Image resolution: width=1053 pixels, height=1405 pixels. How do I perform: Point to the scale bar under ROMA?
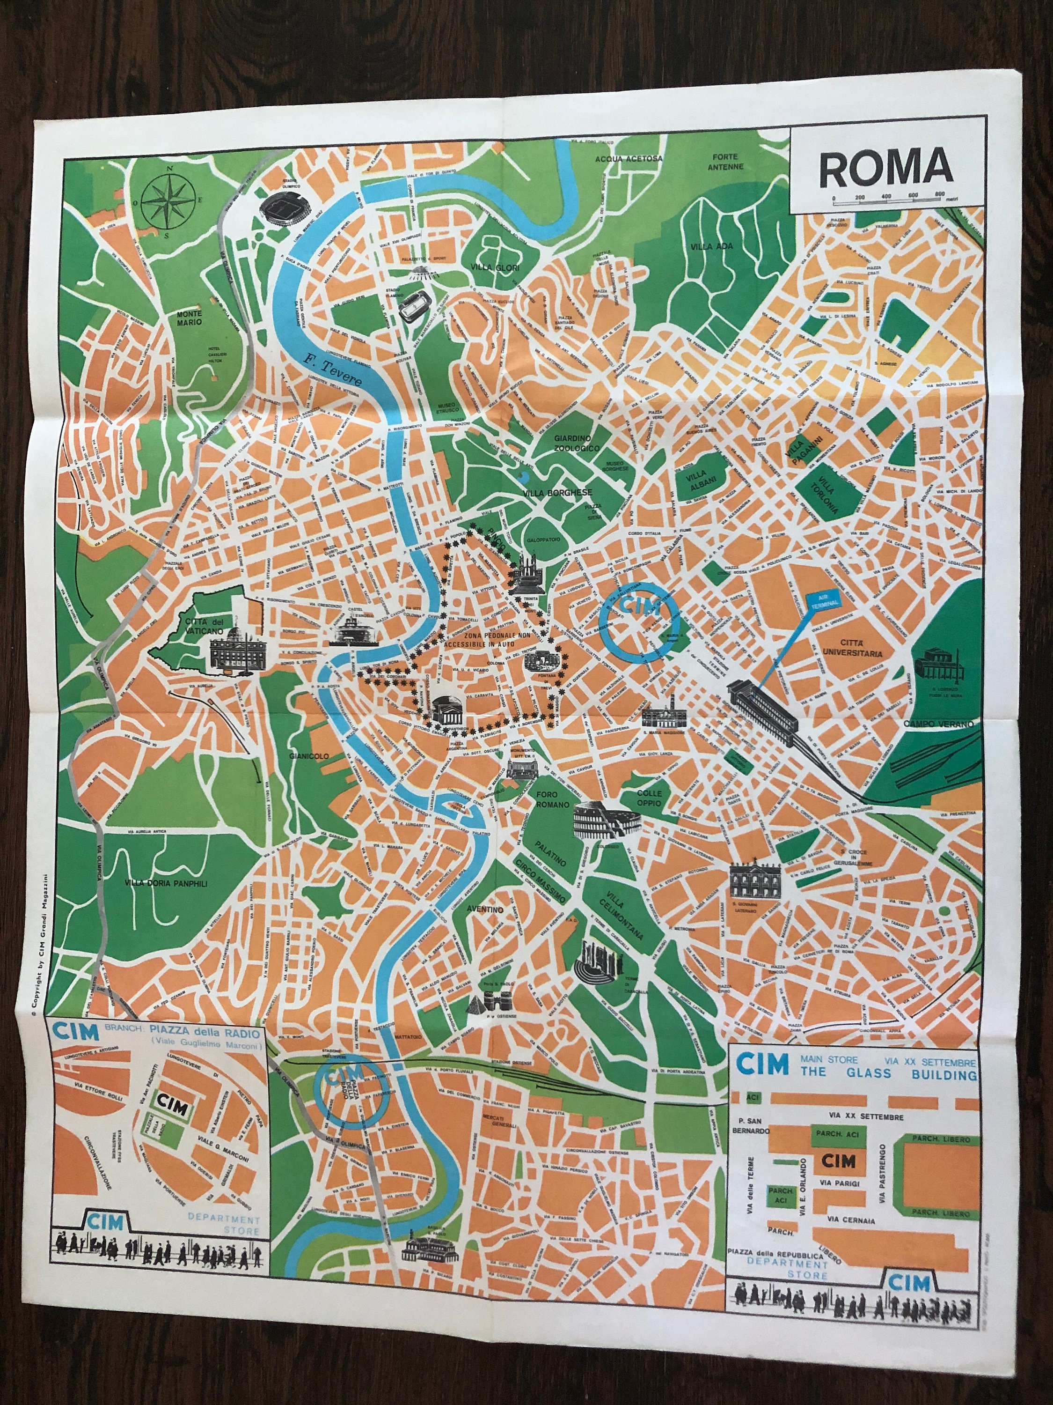(x=895, y=200)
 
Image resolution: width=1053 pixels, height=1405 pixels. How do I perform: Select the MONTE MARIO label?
(x=189, y=317)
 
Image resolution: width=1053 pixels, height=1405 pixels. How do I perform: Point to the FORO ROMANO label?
(x=547, y=799)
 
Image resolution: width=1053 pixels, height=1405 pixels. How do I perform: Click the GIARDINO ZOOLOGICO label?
(x=576, y=443)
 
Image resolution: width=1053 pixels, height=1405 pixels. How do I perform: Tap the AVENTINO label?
(x=485, y=909)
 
